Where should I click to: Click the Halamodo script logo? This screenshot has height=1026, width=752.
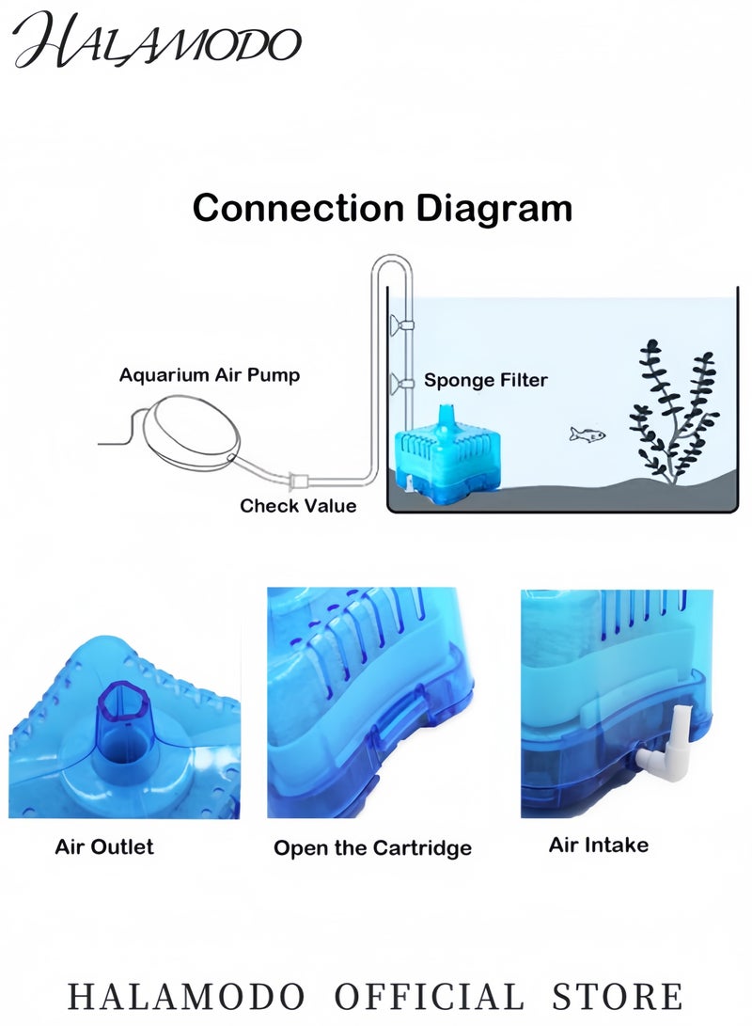click(x=157, y=40)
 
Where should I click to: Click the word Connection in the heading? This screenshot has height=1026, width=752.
click(x=298, y=208)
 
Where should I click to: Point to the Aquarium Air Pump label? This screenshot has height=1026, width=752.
click(x=210, y=375)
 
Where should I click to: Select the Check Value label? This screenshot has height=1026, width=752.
click(x=298, y=506)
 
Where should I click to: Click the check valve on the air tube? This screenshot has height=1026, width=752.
click(x=298, y=481)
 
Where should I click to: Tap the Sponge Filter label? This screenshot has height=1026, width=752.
click(x=486, y=380)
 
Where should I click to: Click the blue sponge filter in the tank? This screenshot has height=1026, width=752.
click(x=445, y=458)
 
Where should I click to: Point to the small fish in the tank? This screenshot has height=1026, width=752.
click(x=587, y=434)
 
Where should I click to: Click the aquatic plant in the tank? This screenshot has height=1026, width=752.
click(x=674, y=412)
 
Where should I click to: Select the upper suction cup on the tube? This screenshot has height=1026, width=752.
click(x=401, y=324)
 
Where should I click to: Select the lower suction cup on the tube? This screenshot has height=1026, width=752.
click(x=401, y=383)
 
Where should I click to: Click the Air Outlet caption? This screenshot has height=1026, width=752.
click(x=104, y=846)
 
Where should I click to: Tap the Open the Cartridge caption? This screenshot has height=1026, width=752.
click(x=373, y=848)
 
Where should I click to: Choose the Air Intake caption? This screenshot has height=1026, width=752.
click(x=599, y=844)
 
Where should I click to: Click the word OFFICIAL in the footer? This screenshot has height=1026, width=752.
click(x=430, y=997)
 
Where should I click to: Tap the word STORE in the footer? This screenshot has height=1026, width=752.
click(x=618, y=997)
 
